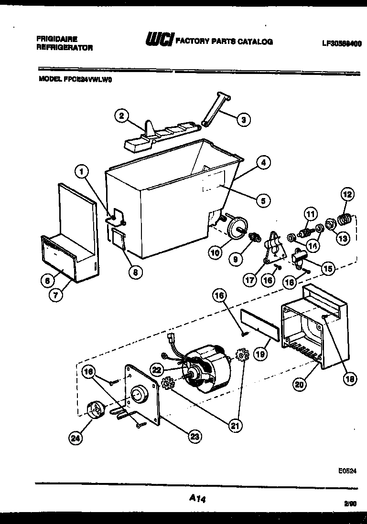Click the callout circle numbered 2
(x=122, y=115)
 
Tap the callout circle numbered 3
(x=243, y=120)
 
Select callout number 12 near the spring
(x=347, y=195)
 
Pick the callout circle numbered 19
(x=260, y=355)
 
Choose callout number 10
(x=215, y=252)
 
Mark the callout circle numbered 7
(x=56, y=294)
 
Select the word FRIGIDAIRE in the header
(x=57, y=39)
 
